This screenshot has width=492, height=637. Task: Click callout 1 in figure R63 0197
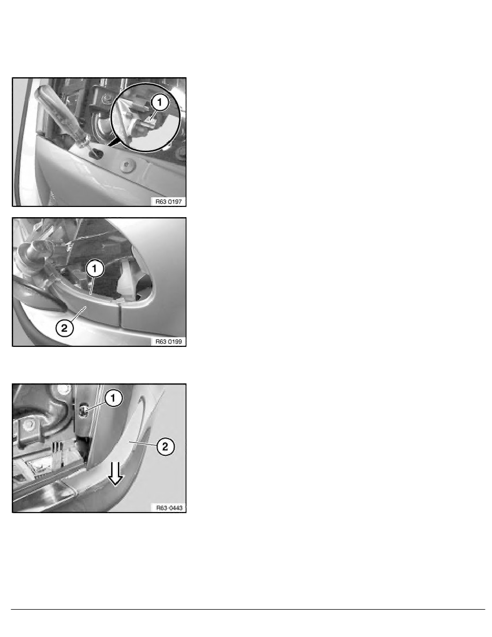coord(160,102)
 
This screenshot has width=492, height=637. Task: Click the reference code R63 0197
coord(169,202)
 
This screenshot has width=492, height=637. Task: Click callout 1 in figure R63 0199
coord(95,269)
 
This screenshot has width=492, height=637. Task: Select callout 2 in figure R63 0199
coord(64,328)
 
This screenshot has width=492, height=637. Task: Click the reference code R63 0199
coord(169,342)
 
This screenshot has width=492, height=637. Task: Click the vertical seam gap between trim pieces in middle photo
coord(120,314)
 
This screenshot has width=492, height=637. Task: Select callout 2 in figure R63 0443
coord(165,447)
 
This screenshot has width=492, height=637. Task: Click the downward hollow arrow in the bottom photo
coord(116,473)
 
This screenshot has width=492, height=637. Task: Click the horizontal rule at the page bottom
coord(248,609)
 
